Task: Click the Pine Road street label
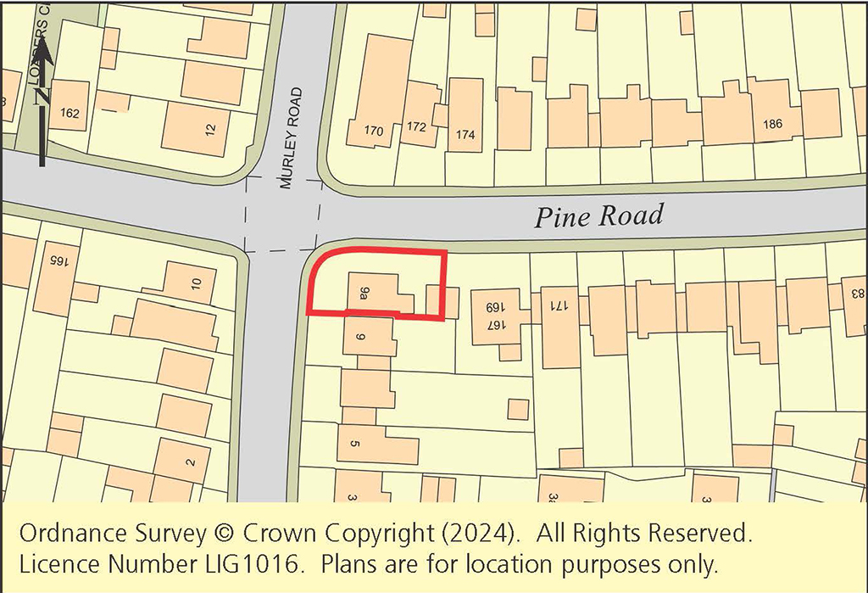(x=598, y=216)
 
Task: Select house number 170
(x=374, y=131)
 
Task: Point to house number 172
(x=416, y=127)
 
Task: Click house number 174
(x=465, y=134)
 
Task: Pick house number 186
(x=772, y=124)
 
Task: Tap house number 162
(x=70, y=113)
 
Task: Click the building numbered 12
(x=210, y=130)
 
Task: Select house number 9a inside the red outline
(x=364, y=294)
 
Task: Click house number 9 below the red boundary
(x=360, y=338)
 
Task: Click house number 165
(x=57, y=259)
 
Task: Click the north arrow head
(x=43, y=53)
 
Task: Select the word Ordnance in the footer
(x=67, y=534)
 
